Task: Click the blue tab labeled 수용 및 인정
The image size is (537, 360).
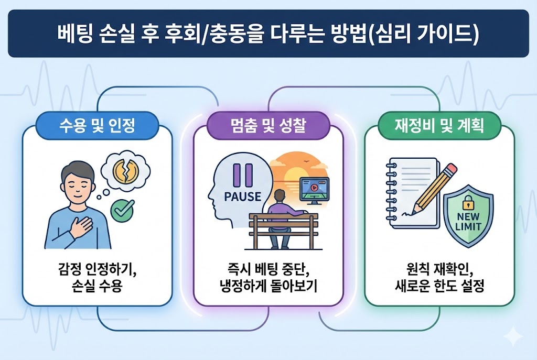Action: (x=97, y=126)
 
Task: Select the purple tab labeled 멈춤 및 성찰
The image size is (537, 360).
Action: (x=268, y=126)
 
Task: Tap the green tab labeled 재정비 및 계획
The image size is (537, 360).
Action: (x=439, y=126)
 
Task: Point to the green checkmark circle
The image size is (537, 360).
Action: (x=122, y=211)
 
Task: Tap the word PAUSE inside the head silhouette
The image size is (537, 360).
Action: (x=242, y=197)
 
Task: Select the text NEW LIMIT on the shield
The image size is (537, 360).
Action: (x=469, y=222)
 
